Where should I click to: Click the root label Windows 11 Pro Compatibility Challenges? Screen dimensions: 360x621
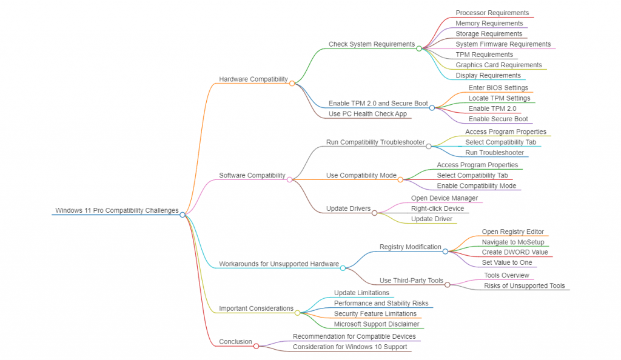[x=117, y=211]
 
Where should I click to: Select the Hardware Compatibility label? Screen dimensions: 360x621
[x=253, y=79]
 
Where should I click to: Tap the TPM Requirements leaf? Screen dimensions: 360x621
[x=484, y=55]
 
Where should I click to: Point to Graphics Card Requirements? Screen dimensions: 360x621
[x=498, y=65]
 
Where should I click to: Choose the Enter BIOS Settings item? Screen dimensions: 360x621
[x=498, y=88]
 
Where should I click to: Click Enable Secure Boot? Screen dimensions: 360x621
[x=498, y=119]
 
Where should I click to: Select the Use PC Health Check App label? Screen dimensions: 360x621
[x=368, y=114]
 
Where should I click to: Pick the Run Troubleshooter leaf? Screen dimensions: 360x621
[x=494, y=153]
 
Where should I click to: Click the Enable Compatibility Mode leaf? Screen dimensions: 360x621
[x=476, y=186]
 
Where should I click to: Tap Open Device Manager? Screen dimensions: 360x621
[x=445, y=198]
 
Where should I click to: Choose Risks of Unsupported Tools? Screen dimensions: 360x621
[x=524, y=285]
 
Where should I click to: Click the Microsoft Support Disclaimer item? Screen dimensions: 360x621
[x=377, y=324]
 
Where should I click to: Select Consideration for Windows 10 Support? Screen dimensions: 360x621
[x=350, y=347]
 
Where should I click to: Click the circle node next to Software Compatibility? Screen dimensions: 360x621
[x=289, y=179]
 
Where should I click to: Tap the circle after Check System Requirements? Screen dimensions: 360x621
[x=418, y=48]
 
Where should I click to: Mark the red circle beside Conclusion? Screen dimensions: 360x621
[x=256, y=346]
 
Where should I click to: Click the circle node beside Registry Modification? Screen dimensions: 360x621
[x=445, y=251]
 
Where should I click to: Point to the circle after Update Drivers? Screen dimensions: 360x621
[x=374, y=213]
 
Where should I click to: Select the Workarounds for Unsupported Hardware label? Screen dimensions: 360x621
[x=278, y=264]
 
